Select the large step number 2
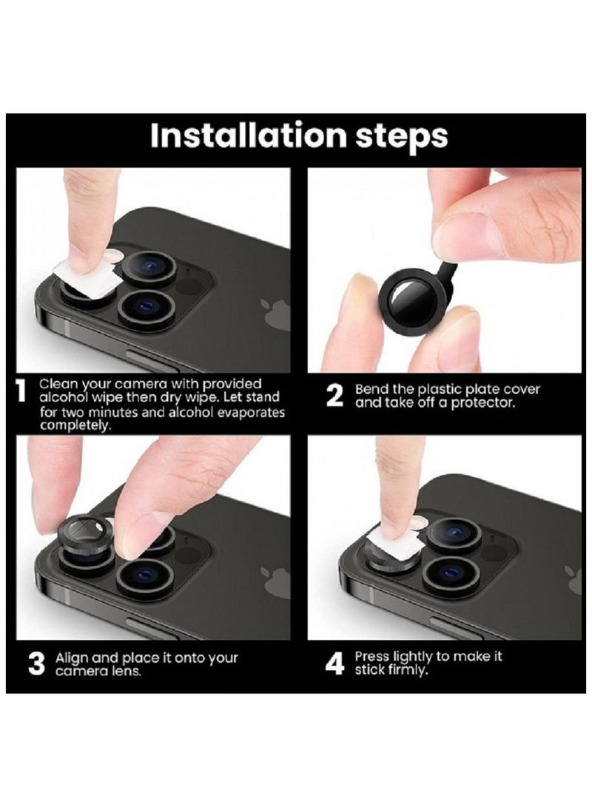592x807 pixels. click(334, 396)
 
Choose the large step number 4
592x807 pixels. click(335, 664)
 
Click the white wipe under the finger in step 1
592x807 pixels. click(84, 280)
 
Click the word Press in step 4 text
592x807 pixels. click(372, 656)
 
